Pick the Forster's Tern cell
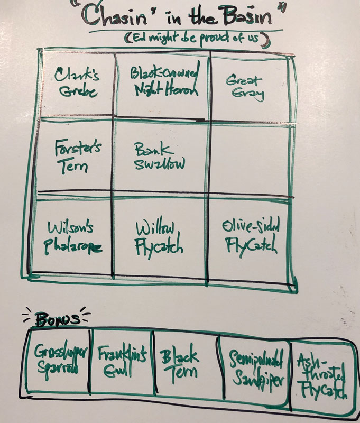tap(72, 156)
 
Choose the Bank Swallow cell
tap(161, 157)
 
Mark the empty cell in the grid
tap(248, 159)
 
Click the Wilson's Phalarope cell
tap(72, 235)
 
